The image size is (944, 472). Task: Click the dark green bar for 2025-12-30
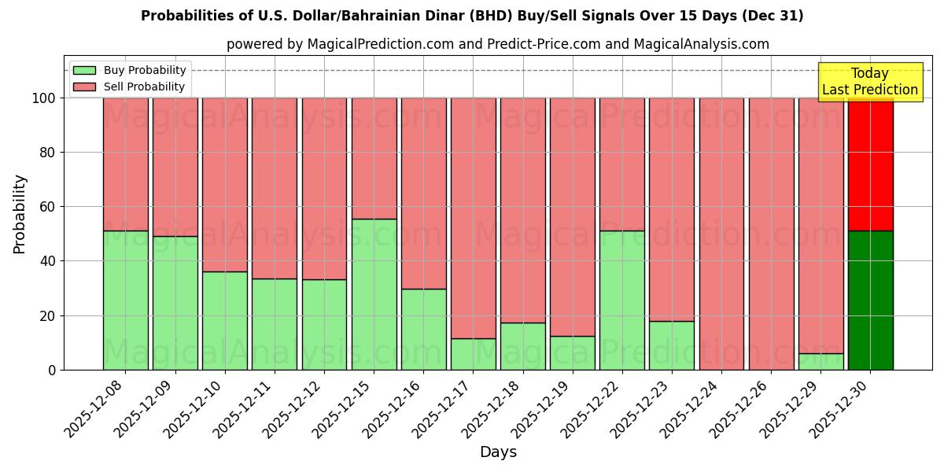870,300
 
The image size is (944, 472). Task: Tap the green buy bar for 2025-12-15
374,294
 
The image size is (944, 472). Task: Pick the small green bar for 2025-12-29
820,361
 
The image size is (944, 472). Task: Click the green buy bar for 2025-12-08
125,300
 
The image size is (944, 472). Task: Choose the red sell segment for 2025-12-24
721,234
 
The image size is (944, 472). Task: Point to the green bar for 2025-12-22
621,300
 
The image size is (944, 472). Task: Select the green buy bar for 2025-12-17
473,354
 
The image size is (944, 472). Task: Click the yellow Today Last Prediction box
869,82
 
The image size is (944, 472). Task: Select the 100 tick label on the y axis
42,98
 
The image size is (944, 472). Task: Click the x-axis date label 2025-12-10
197,409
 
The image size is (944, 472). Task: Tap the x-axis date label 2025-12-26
743,409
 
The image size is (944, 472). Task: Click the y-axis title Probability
20,214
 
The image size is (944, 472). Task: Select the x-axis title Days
498,452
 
